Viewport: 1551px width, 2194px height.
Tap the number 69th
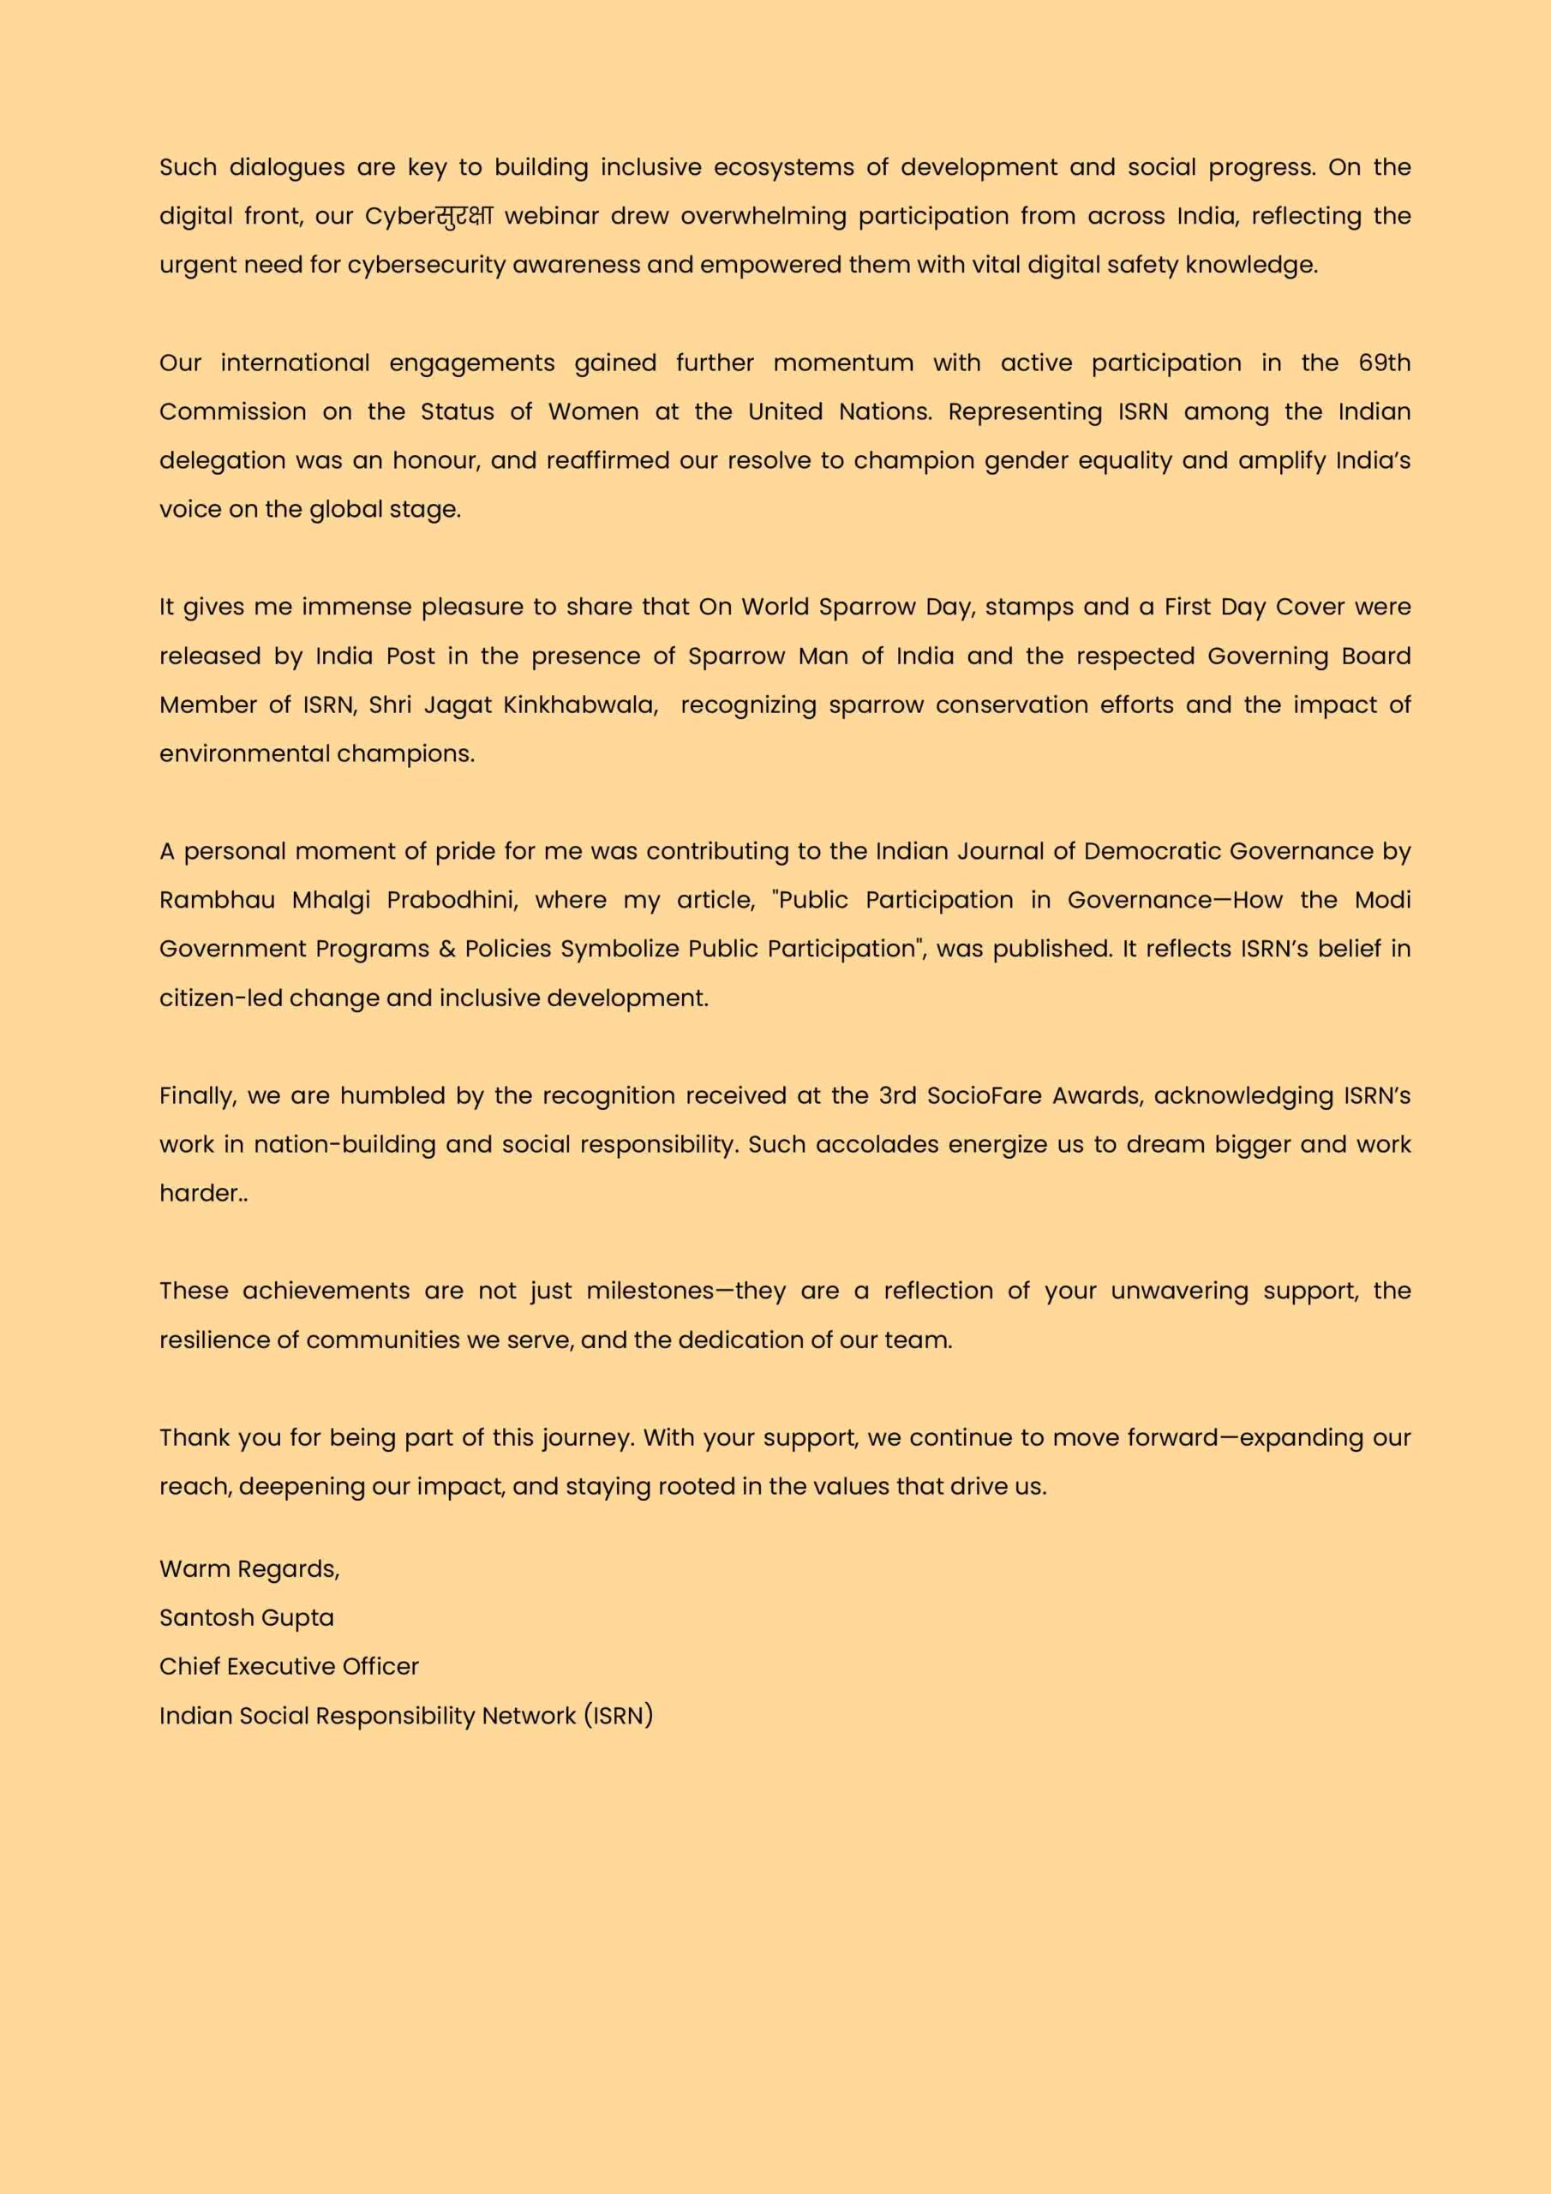point(1384,363)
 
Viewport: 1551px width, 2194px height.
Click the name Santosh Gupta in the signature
point(247,1618)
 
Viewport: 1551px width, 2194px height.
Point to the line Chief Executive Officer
point(289,1667)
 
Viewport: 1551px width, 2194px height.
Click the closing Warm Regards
point(249,1569)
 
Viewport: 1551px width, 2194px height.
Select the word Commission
point(232,412)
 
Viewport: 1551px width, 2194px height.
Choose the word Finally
point(198,1096)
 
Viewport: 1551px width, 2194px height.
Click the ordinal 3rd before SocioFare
point(897,1095)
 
